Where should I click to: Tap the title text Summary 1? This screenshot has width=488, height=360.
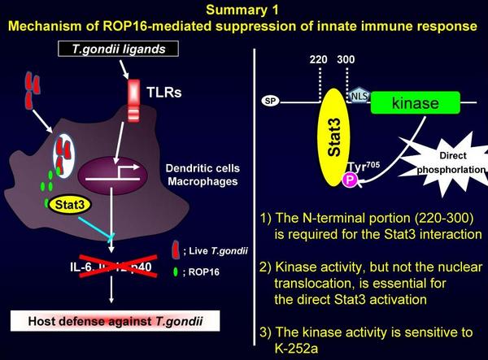(x=243, y=11)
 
